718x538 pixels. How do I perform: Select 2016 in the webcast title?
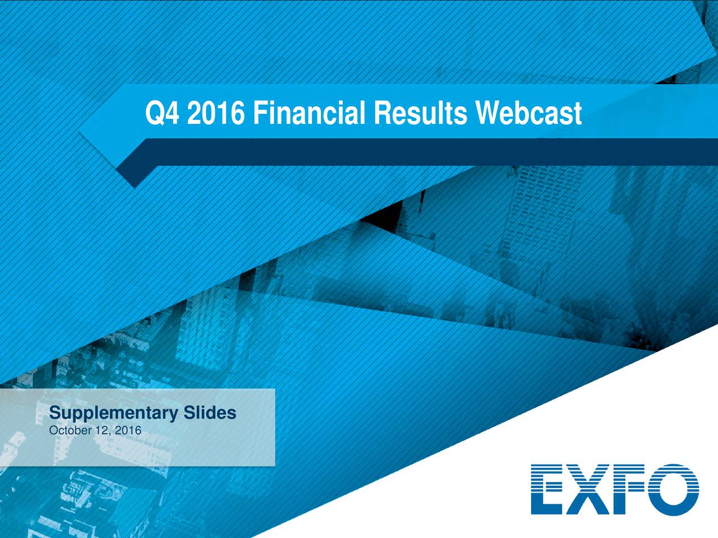coord(215,114)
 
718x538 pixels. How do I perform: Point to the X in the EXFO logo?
coord(589,489)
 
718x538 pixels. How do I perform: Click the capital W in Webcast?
coord(488,114)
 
